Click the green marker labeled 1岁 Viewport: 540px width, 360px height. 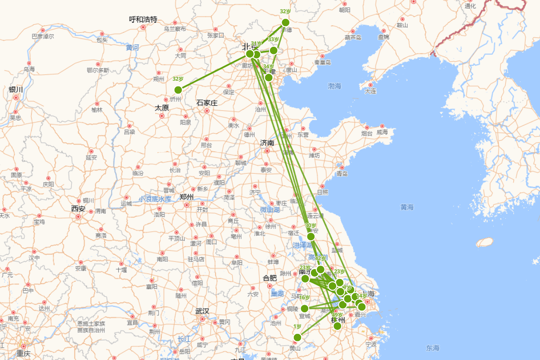(x=297, y=337)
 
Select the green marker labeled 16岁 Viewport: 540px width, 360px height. (x=305, y=308)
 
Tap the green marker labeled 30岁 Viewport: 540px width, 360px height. (x=311, y=236)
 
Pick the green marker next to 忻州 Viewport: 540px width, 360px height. (x=178, y=90)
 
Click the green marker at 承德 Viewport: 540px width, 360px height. (x=285, y=22)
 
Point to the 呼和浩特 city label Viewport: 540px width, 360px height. (x=143, y=19)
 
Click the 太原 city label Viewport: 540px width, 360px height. (x=162, y=108)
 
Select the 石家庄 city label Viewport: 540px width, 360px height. (x=207, y=103)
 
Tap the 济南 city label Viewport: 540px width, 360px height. (x=267, y=143)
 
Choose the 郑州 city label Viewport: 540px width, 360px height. (x=186, y=197)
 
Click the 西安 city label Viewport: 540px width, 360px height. (x=78, y=209)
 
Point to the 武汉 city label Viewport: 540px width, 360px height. (x=202, y=311)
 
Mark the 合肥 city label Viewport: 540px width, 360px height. (x=270, y=278)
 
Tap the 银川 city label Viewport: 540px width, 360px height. (x=16, y=90)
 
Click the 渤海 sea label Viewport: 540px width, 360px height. (x=335, y=86)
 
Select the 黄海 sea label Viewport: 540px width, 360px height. (x=407, y=207)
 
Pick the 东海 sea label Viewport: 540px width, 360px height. (x=433, y=348)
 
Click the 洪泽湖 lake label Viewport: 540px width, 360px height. (x=303, y=245)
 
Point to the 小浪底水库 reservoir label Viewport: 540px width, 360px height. (x=155, y=198)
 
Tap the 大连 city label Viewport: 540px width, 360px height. (x=371, y=91)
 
